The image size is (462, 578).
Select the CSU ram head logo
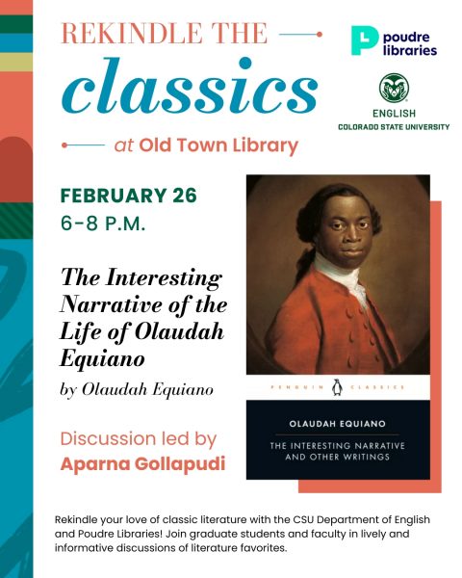pyautogui.click(x=395, y=90)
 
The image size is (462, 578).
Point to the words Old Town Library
pyautogui.click(x=218, y=146)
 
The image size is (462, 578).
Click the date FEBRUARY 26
pyautogui.click(x=128, y=197)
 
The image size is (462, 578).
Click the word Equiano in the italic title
pyautogui.click(x=103, y=360)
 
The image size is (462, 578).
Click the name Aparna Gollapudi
pyautogui.click(x=142, y=464)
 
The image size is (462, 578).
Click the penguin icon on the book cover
pyautogui.click(x=337, y=386)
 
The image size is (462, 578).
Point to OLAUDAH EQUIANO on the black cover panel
pyautogui.click(x=338, y=421)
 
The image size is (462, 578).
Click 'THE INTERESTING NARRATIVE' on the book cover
pyautogui.click(x=338, y=444)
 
